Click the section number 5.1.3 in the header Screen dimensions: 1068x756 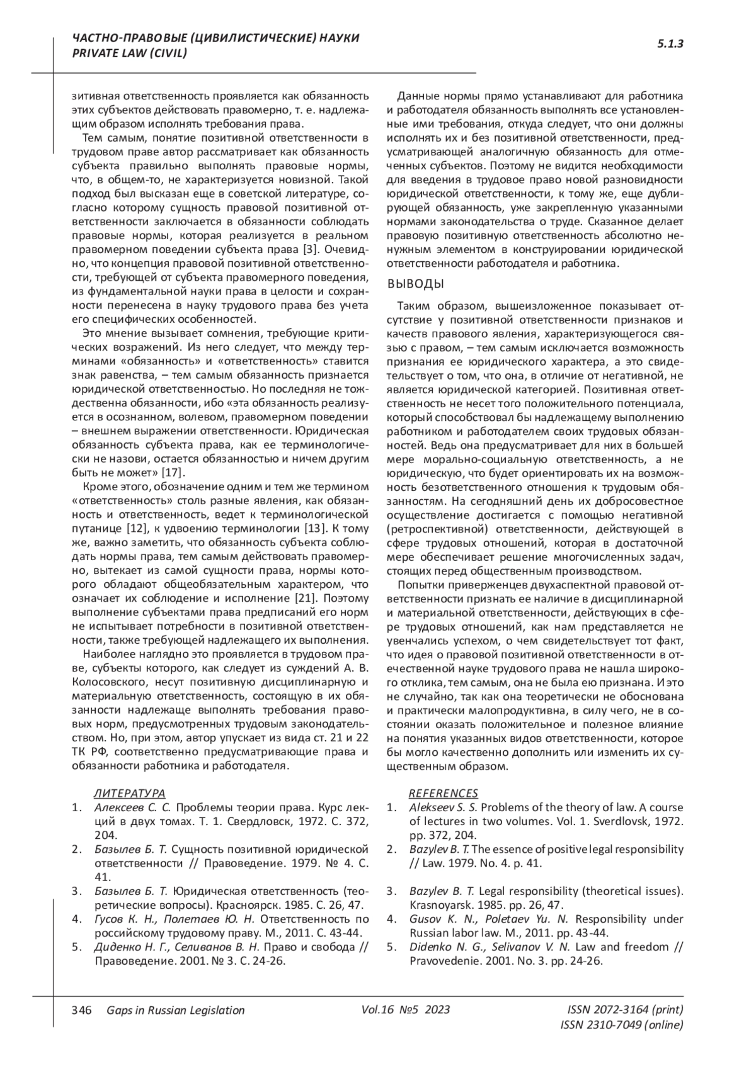pos(670,44)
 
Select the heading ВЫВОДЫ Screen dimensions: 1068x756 pos(416,284)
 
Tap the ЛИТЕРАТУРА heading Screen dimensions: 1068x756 pos(130,793)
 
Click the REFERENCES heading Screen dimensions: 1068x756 pos(444,793)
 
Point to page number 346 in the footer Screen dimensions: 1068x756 pos(82,1010)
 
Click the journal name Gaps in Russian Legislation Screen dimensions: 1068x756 pos(176,1010)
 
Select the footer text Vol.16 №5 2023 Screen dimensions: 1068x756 pos(406,1009)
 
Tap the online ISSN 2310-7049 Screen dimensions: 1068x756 pos(621,1025)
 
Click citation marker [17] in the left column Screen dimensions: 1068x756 pos(173,473)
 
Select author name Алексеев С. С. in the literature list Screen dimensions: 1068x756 pos(132,807)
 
